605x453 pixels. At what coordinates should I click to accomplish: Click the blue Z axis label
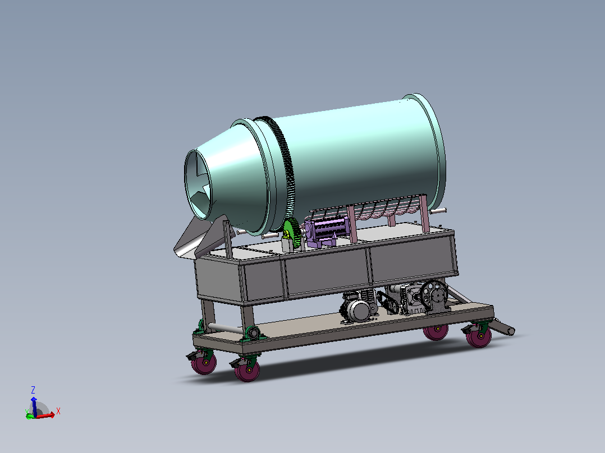tap(33, 390)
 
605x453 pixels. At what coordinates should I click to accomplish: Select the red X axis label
tap(58, 411)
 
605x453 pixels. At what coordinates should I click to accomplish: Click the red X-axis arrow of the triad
tap(45, 415)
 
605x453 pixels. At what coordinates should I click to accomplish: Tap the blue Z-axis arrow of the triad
tap(34, 406)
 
